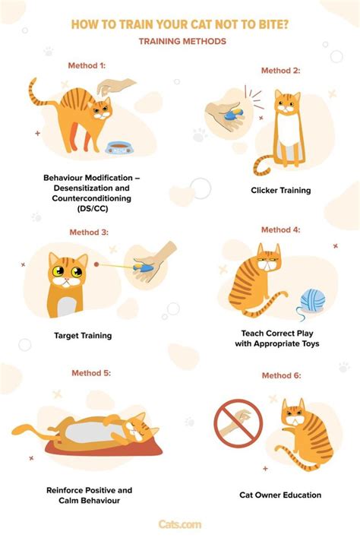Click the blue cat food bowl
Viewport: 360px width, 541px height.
point(118,148)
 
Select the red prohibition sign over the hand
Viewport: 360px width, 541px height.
point(238,423)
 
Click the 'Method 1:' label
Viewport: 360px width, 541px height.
point(87,65)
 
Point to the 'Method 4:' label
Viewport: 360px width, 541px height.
point(281,229)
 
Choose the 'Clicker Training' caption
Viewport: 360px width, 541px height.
point(281,191)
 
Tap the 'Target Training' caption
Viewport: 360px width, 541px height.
point(83,336)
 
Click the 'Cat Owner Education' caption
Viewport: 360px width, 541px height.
point(280,495)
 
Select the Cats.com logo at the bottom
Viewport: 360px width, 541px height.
point(180,524)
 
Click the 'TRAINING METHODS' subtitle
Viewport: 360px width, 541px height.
point(182,41)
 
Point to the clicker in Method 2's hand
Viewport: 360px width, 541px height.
point(233,114)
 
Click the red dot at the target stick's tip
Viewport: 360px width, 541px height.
point(96,264)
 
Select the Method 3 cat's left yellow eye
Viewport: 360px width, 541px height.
point(58,271)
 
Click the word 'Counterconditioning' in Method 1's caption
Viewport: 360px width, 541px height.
point(91,198)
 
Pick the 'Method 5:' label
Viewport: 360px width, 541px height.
point(91,373)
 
